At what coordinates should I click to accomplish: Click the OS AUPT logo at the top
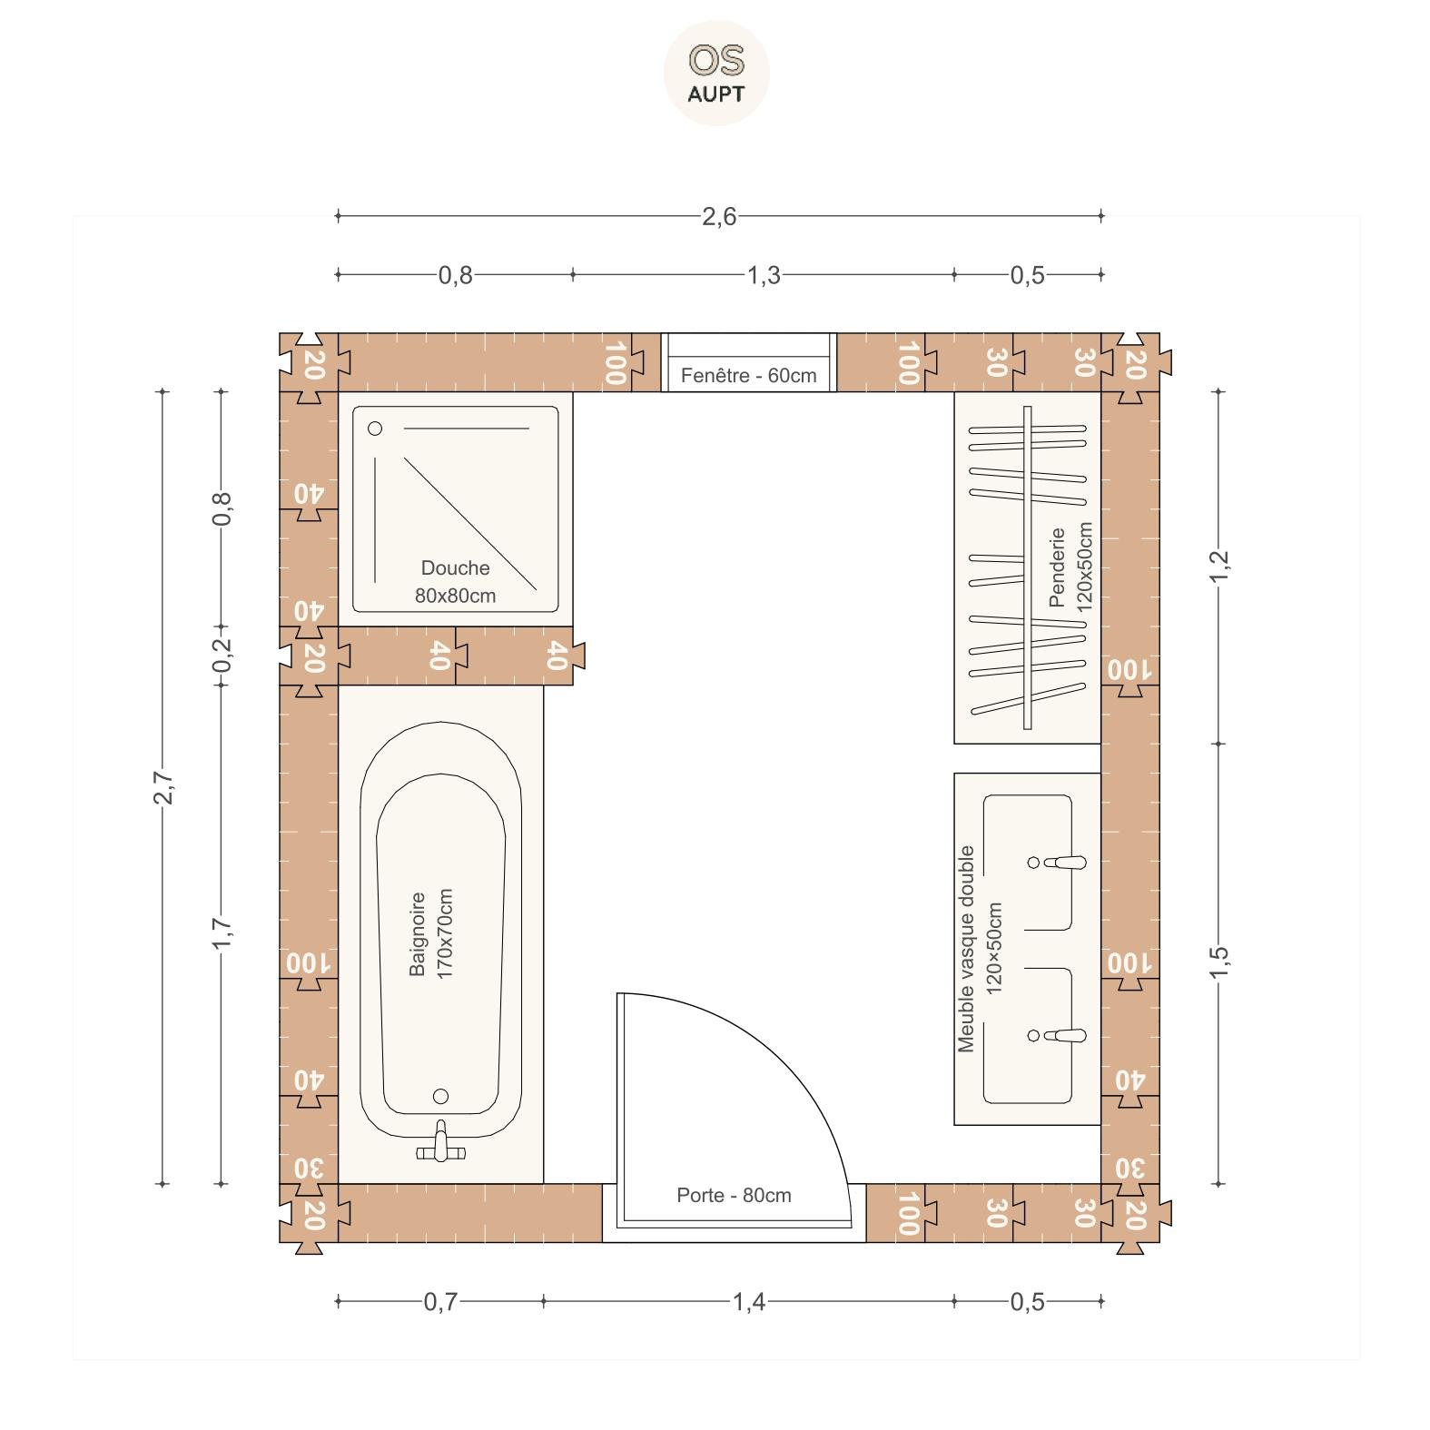coord(716,73)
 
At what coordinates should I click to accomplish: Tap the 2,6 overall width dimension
coord(719,217)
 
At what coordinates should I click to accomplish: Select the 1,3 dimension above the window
coord(764,275)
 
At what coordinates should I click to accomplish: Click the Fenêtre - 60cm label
coord(748,375)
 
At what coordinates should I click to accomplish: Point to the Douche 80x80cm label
coord(456,582)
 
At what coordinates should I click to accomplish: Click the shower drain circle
coord(375,429)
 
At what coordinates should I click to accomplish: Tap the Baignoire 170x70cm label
coord(430,933)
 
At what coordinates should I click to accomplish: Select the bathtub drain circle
coord(441,1096)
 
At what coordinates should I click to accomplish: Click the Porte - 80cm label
coord(734,1195)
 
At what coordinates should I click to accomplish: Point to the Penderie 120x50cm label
coord(1070,567)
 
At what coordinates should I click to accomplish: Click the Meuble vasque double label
coord(966,949)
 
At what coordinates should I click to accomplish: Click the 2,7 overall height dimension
coord(163,787)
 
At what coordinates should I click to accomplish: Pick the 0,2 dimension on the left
coord(222,655)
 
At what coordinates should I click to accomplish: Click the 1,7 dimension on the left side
coord(222,934)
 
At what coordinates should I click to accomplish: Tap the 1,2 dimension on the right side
coord(1219,567)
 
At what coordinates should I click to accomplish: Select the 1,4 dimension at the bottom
coord(749,1303)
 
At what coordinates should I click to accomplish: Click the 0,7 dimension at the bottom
coord(441,1303)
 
